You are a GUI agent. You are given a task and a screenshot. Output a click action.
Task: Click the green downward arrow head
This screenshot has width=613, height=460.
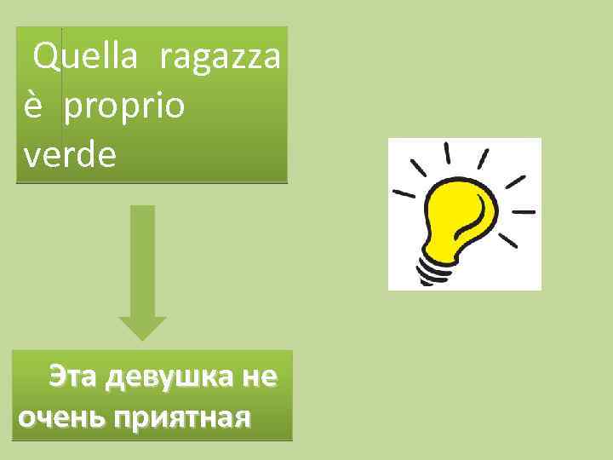point(142,328)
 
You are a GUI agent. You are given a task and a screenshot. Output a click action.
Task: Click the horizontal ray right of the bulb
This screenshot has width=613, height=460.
point(522,210)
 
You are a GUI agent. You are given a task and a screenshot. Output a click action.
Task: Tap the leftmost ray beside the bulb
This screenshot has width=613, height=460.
point(404,193)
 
